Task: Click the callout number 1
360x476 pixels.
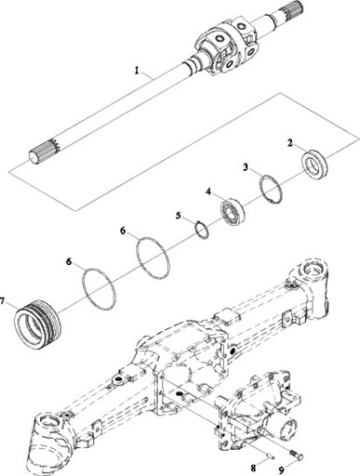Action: click(x=136, y=71)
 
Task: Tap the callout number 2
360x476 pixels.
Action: click(x=290, y=143)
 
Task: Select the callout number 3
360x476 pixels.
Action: click(x=246, y=167)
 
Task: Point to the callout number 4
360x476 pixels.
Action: click(x=208, y=192)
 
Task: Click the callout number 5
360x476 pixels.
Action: click(x=178, y=216)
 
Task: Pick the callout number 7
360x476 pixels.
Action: click(x=3, y=300)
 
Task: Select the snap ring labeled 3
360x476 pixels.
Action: click(x=271, y=190)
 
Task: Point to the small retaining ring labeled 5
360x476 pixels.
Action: click(x=203, y=230)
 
